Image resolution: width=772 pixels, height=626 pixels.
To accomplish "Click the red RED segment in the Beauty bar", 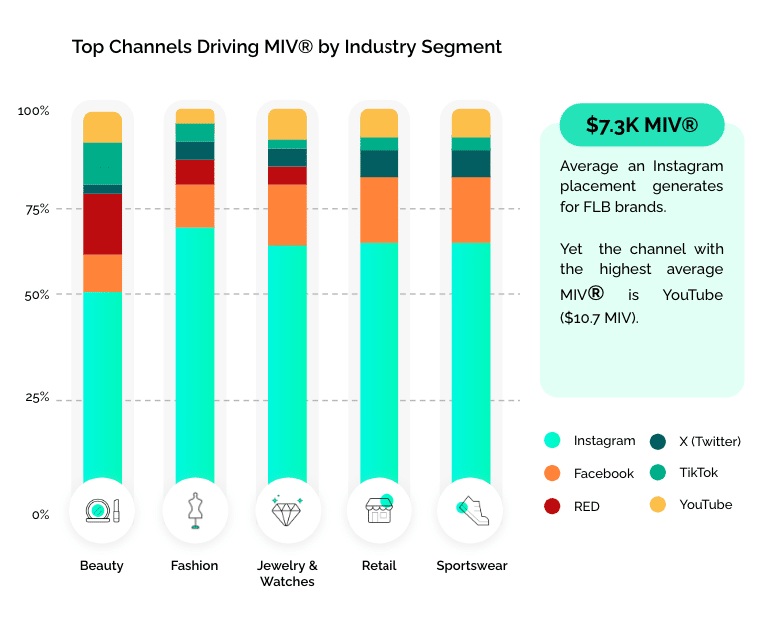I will click(x=102, y=224).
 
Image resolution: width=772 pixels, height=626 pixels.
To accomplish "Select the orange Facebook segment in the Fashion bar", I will click(x=195, y=206).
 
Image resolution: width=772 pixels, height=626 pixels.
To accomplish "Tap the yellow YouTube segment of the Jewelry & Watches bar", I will click(x=287, y=124).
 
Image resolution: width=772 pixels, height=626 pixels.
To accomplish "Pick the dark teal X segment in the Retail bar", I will click(x=379, y=164).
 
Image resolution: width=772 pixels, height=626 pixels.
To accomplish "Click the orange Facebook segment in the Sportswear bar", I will click(x=471, y=210).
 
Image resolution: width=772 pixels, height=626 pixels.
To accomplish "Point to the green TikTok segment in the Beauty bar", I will click(x=102, y=164).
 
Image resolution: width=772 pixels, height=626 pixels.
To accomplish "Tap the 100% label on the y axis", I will click(x=34, y=111).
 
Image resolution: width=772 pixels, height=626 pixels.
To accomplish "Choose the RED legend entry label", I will click(x=587, y=506).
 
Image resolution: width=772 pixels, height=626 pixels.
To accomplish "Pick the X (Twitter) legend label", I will click(x=710, y=441).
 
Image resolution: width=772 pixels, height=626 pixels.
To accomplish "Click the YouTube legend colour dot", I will click(x=658, y=505).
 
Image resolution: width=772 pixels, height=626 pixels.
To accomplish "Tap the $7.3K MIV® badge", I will click(x=641, y=125).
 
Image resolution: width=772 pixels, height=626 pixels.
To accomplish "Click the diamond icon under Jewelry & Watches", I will click(x=287, y=511).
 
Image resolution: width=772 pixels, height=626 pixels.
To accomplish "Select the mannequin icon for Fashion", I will click(x=195, y=511).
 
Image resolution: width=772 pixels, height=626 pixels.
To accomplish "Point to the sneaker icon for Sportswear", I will click(x=471, y=511).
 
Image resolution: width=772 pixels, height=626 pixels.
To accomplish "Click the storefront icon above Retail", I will click(x=379, y=511).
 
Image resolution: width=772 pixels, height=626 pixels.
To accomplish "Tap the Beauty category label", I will click(x=102, y=566).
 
